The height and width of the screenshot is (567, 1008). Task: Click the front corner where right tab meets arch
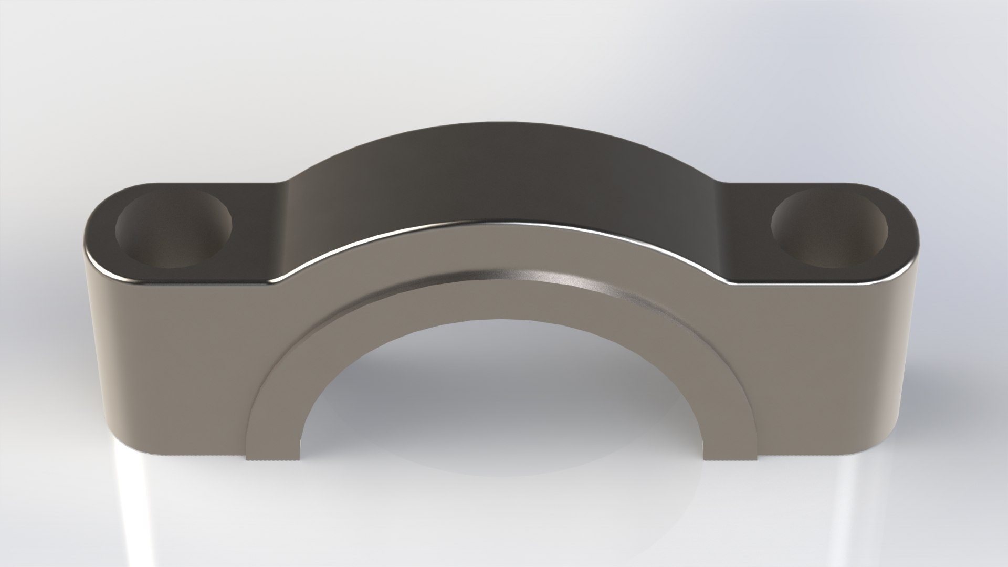tap(727, 283)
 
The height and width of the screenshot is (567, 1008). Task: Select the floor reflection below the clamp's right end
tap(861, 504)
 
